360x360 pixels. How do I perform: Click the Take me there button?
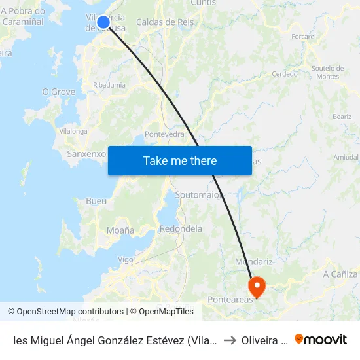(180, 160)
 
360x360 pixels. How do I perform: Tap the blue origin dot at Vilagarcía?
(103, 22)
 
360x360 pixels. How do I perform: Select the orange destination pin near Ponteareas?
(256, 285)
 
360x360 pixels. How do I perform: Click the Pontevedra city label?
(164, 134)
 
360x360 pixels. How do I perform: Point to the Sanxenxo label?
(86, 154)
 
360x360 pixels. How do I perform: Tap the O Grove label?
(59, 92)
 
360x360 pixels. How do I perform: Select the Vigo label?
(125, 259)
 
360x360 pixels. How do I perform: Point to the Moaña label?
(120, 230)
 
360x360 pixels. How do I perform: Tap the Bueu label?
(96, 201)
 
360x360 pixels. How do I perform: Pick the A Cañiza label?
(340, 274)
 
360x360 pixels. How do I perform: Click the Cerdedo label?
(285, 74)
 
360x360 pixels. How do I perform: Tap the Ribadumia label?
(109, 85)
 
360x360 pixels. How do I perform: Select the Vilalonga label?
(73, 131)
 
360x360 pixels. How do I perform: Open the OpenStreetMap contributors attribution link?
(65, 312)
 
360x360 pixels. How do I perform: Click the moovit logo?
(321, 339)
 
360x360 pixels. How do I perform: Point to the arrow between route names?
(229, 340)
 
